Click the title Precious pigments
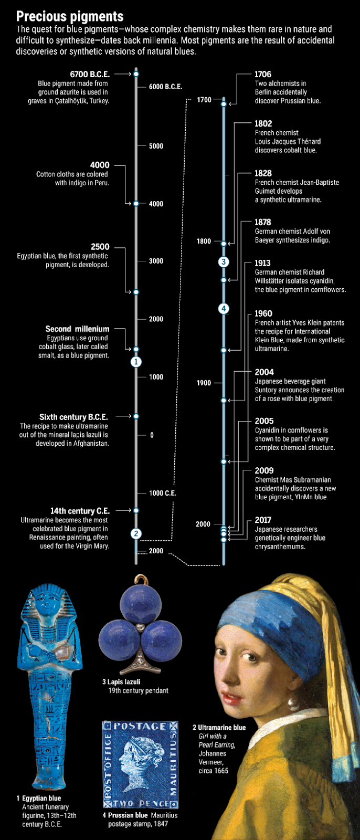pyautogui.click(x=70, y=16)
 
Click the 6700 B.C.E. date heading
pyautogui.click(x=90, y=74)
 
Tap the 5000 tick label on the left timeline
pyautogui.click(x=156, y=146)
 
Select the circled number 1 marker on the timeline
pyautogui.click(x=136, y=362)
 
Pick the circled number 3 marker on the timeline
pyautogui.click(x=224, y=262)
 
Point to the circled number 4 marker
pyautogui.click(x=224, y=309)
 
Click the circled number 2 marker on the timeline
pyautogui.click(x=136, y=533)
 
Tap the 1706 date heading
pyautogui.click(x=263, y=74)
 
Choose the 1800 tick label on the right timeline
pyautogui.click(x=204, y=241)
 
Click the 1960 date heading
pyautogui.click(x=263, y=313)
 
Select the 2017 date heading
pyautogui.click(x=263, y=520)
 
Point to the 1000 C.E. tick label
pyautogui.click(x=162, y=493)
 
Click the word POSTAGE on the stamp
pyautogui.click(x=140, y=726)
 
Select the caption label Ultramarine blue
pyautogui.click(x=221, y=728)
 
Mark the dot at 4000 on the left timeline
pyautogui.click(x=136, y=204)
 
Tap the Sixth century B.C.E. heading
pyautogui.click(x=73, y=417)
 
